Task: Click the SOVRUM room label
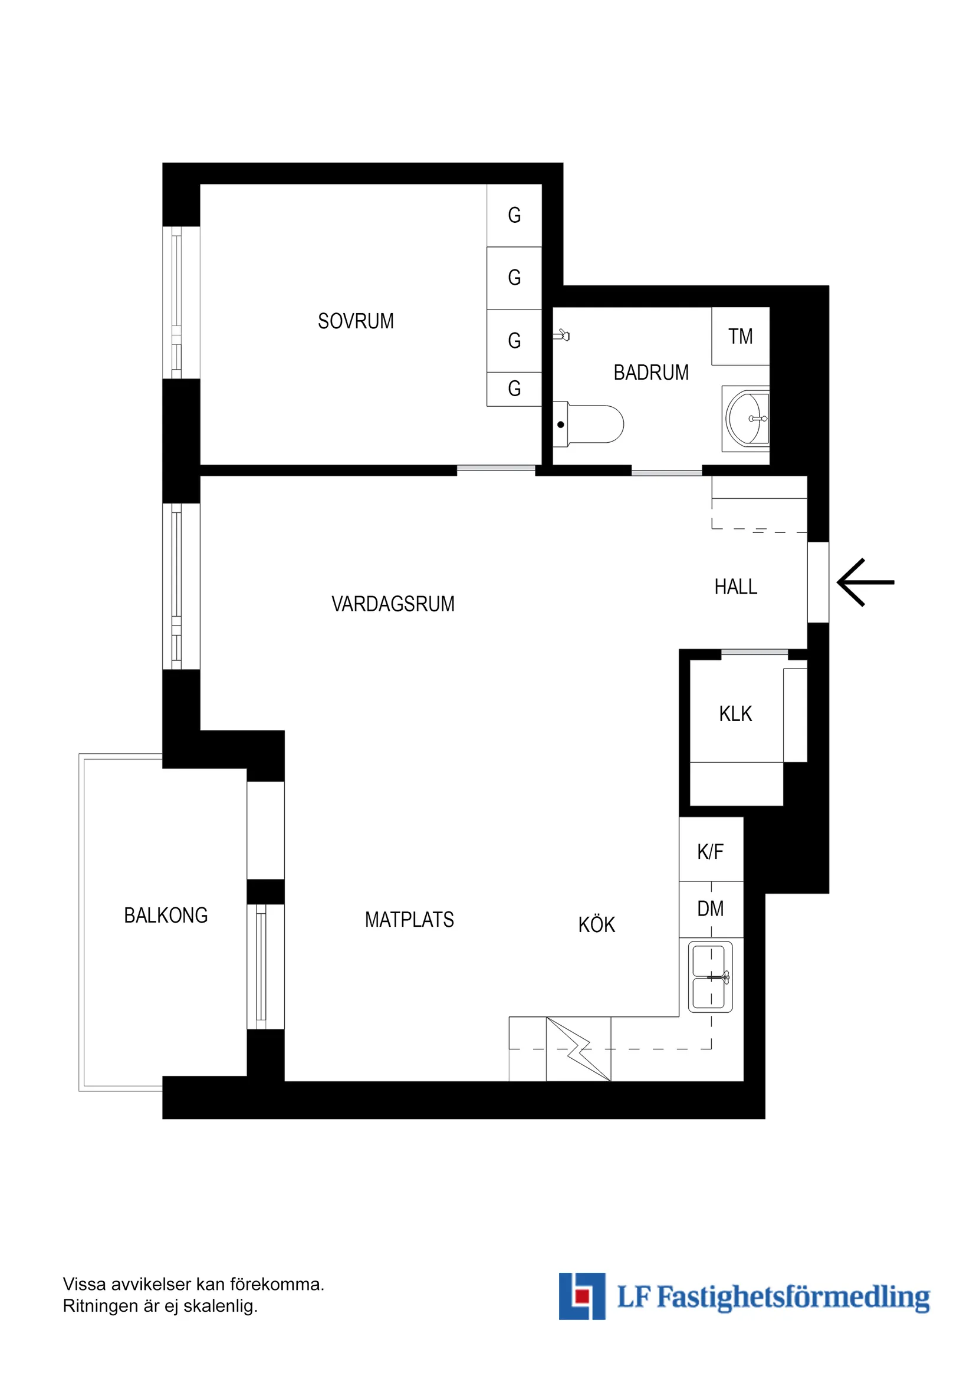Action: tap(356, 321)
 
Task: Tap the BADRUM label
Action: tap(650, 372)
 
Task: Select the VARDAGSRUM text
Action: tap(393, 604)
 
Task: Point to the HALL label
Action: tap(735, 586)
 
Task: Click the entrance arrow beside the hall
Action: tap(864, 582)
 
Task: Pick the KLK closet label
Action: tap(735, 713)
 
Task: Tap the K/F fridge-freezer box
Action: tap(711, 851)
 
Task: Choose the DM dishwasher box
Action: tap(711, 908)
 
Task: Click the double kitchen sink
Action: tap(710, 976)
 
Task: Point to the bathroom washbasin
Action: tap(747, 419)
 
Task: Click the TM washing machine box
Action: tap(741, 336)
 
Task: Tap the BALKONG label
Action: tap(166, 915)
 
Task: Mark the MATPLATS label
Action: tap(409, 919)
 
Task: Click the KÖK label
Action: tap(597, 924)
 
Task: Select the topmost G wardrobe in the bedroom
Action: tap(514, 215)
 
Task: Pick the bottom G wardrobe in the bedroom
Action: tap(514, 389)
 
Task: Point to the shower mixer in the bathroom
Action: tap(563, 334)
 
